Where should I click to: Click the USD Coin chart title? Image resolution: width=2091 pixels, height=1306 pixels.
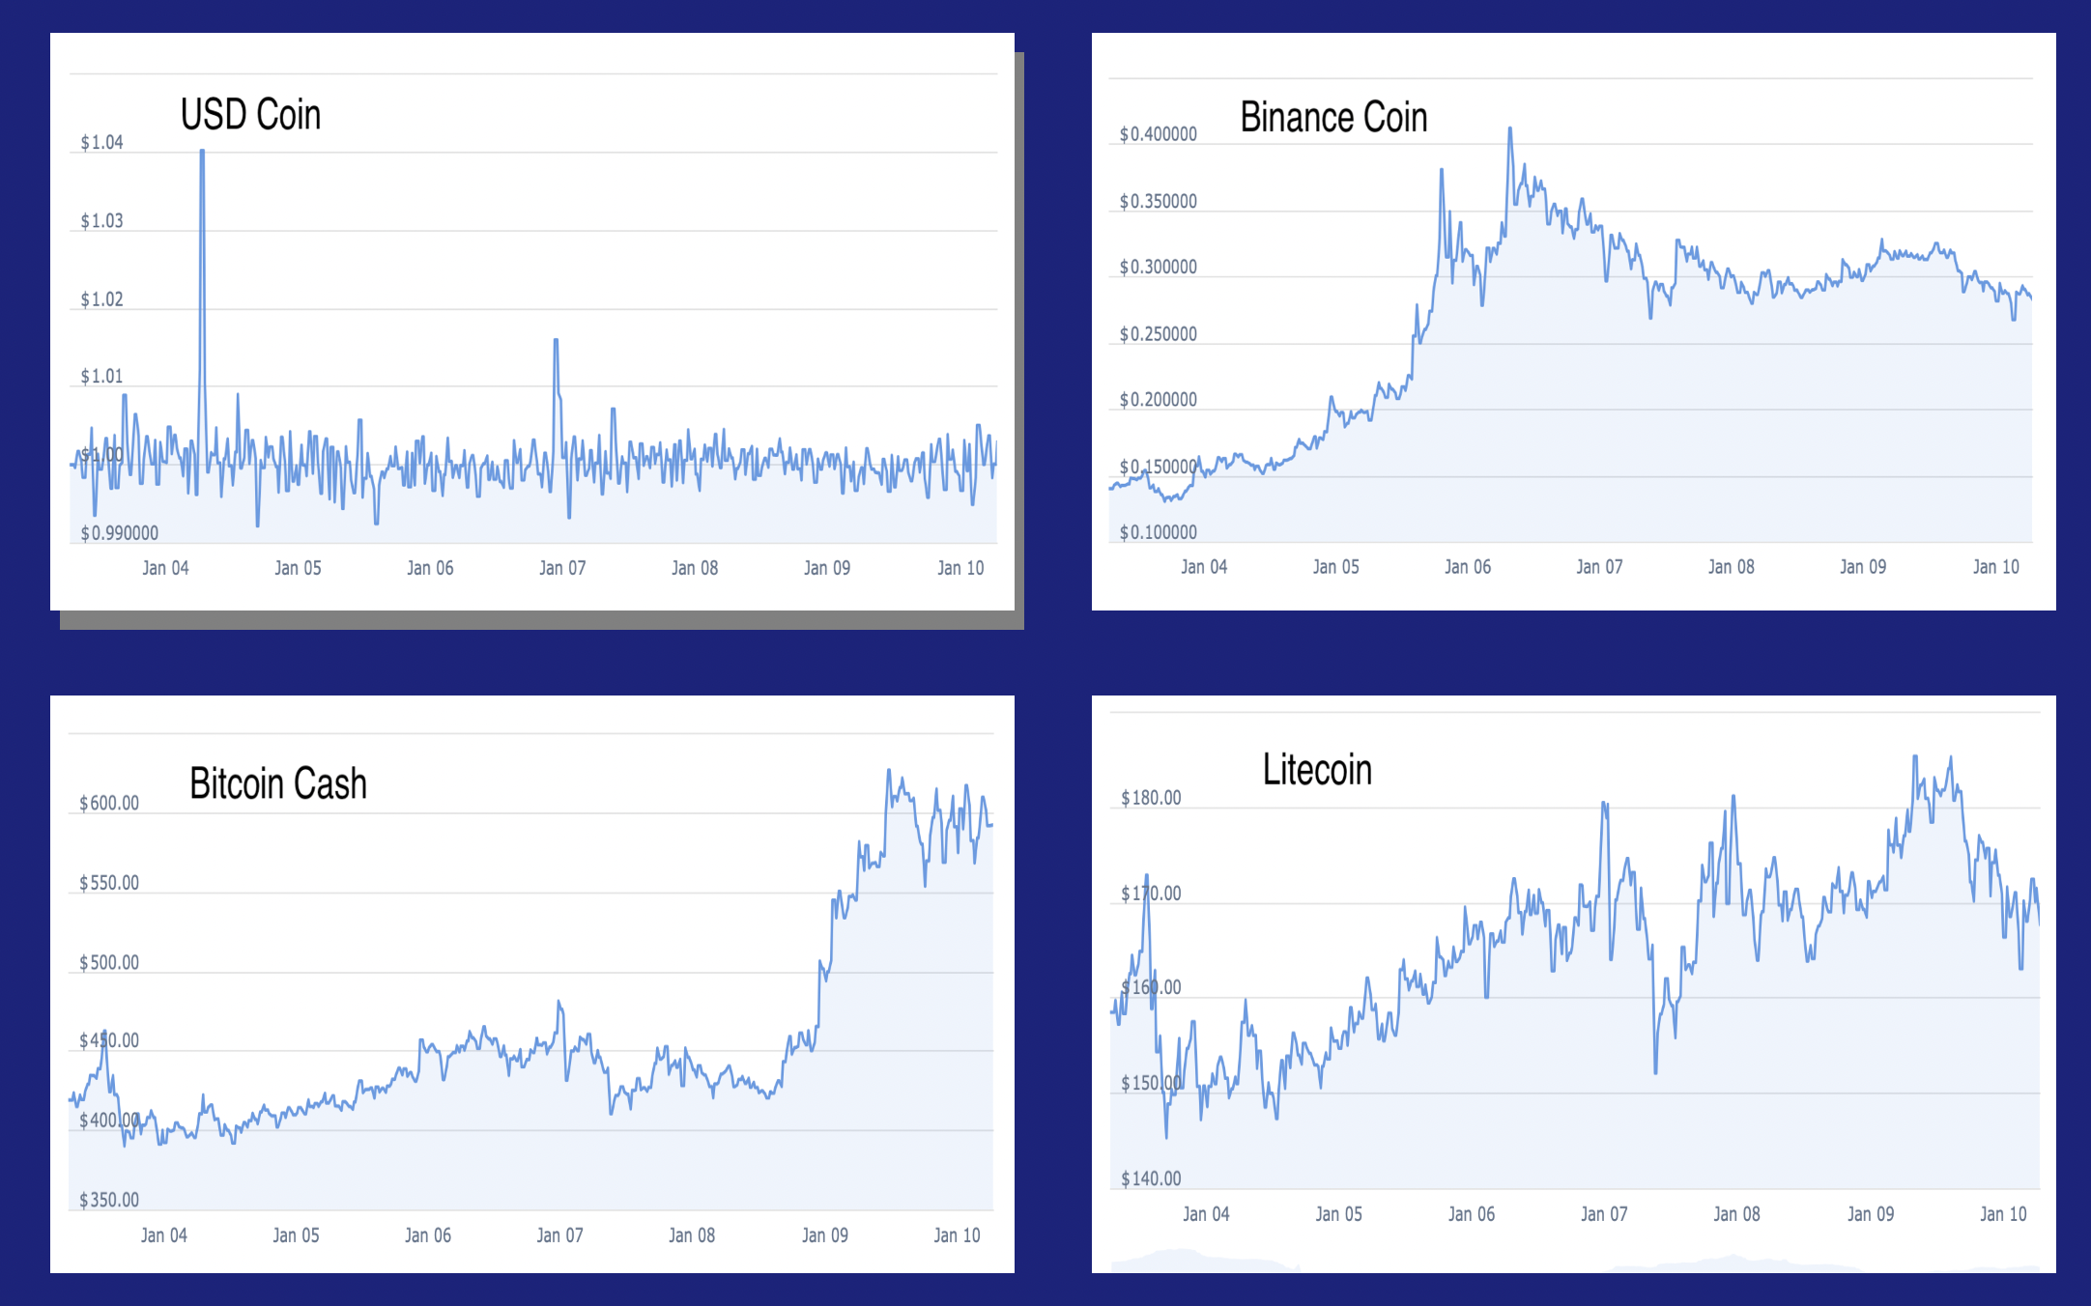point(250,115)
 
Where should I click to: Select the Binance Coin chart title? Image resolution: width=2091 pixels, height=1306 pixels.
point(1333,118)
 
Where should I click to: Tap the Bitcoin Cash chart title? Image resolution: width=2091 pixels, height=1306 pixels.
point(278,783)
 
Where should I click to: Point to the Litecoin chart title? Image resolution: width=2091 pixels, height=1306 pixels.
point(1317,770)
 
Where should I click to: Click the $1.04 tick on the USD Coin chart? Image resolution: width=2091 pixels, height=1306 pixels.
point(101,143)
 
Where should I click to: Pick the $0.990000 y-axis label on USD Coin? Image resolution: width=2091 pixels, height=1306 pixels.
point(119,533)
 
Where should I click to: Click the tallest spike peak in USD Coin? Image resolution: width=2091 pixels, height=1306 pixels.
point(202,152)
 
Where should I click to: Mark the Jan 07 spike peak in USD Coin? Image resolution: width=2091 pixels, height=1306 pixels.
point(556,341)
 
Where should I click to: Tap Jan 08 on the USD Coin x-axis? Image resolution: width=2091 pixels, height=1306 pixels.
point(695,568)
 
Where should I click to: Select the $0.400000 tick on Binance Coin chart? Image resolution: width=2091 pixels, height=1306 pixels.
point(1158,134)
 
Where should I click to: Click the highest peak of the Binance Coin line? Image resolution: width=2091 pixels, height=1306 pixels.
point(1509,128)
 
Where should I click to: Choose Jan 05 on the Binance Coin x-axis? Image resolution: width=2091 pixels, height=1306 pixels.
point(1335,567)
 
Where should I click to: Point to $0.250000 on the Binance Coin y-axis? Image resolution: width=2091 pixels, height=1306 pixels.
point(1158,334)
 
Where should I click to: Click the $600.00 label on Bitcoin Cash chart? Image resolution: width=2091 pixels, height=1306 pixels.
point(109,804)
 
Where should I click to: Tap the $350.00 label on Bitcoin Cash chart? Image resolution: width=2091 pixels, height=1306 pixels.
point(109,1200)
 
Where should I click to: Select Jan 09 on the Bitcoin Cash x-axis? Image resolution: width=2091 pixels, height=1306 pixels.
point(825,1235)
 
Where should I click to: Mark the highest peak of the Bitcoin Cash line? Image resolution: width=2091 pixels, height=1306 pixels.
point(889,771)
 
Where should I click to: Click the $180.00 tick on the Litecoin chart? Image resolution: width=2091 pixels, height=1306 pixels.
point(1151,798)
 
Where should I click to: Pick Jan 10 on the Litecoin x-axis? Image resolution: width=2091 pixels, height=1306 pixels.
point(2003,1214)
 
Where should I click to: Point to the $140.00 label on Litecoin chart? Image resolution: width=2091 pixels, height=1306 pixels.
point(1151,1178)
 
